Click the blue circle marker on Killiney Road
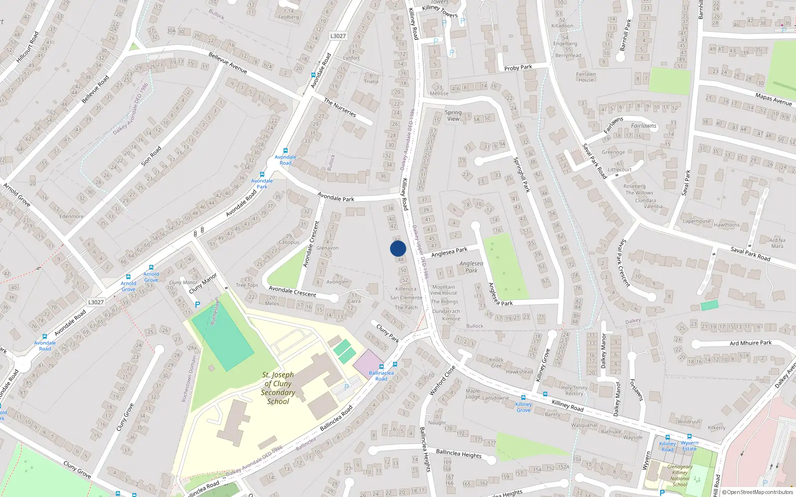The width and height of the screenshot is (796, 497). tap(398, 248)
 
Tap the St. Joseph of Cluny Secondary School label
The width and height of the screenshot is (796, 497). tap(278, 388)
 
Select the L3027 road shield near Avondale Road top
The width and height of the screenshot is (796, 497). tap(338, 36)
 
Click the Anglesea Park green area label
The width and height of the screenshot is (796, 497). tap(471, 267)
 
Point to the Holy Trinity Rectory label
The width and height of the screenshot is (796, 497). tap(574, 391)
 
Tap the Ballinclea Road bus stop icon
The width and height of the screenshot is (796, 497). tap(395, 364)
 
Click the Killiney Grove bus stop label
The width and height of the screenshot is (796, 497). tap(523, 407)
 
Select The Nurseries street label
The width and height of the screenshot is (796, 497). tap(340, 107)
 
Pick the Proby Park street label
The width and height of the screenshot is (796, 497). tap(518, 67)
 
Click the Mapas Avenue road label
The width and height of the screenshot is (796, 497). tap(773, 99)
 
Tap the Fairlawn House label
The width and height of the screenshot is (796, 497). tap(586, 77)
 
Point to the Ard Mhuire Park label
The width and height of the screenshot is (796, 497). tap(751, 342)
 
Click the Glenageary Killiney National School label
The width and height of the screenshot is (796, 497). tap(680, 476)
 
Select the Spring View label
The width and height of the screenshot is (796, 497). tap(453, 115)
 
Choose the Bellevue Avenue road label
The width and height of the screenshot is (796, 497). tap(228, 63)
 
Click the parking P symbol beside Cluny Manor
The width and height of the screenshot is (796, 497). tap(198, 305)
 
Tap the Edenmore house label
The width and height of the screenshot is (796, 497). tap(71, 216)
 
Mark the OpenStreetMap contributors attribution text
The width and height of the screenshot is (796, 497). tap(758, 492)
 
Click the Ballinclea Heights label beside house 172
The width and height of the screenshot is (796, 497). tap(459, 453)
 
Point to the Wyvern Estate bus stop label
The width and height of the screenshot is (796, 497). tap(690, 445)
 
